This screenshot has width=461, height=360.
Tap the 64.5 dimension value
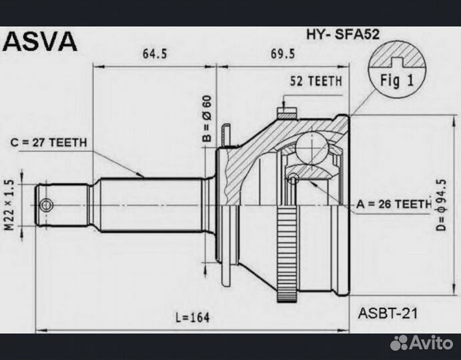click(x=155, y=53)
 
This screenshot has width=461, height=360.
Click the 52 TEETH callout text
click(x=316, y=81)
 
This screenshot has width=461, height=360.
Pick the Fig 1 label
click(x=396, y=82)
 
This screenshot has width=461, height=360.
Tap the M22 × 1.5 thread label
click(x=10, y=205)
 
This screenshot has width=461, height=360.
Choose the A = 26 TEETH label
click(x=394, y=204)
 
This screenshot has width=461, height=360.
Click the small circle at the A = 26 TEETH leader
click(x=292, y=179)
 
